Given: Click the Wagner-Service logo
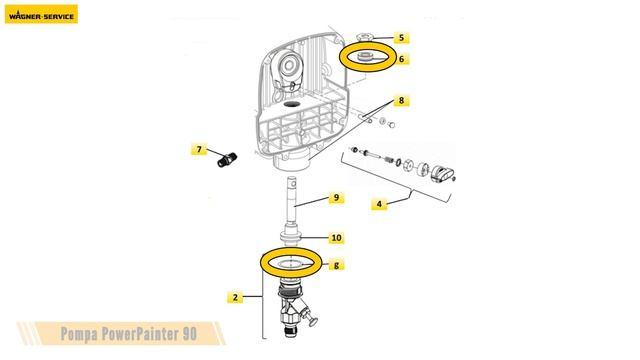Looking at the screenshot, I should [42, 14].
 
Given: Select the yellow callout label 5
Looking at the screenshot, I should [402, 38].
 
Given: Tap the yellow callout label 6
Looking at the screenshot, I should [402, 59].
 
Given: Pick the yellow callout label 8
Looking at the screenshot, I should [400, 101].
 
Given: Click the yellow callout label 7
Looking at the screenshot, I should [199, 150].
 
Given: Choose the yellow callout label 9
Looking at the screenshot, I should [337, 198].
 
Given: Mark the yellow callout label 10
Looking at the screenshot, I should [336, 238].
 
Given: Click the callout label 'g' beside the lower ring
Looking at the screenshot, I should [337, 265].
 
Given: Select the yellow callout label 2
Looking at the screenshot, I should [234, 297].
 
